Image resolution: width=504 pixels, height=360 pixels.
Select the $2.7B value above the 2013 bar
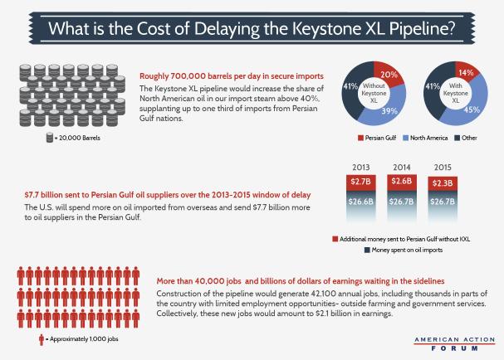point(360,182)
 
